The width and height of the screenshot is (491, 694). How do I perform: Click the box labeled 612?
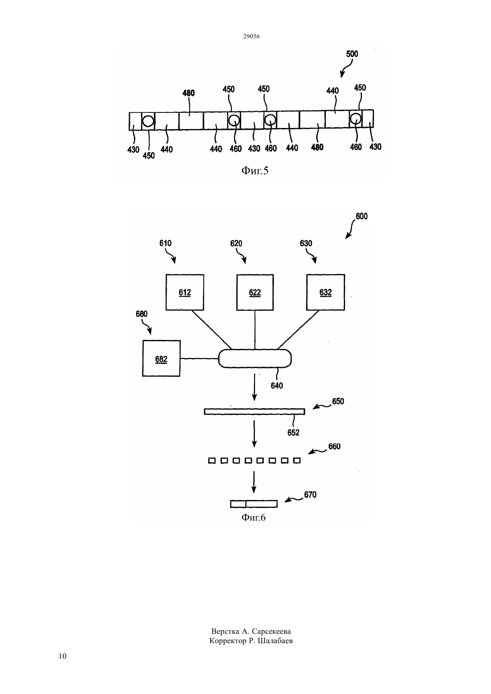[x=185, y=292]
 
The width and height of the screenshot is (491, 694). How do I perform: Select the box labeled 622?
[x=255, y=292]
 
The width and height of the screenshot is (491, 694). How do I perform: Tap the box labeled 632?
[x=325, y=292]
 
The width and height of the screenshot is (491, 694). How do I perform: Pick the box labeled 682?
[x=161, y=359]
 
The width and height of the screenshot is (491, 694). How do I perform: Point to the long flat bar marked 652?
[x=254, y=411]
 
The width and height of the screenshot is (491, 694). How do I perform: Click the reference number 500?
[x=352, y=54]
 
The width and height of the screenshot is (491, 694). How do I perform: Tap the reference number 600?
[x=362, y=216]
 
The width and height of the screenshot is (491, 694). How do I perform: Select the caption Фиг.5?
[x=255, y=170]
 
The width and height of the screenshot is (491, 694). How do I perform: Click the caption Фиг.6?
[x=254, y=517]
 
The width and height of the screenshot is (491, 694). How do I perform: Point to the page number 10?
[x=62, y=656]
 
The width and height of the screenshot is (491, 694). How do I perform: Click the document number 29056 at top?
[x=251, y=36]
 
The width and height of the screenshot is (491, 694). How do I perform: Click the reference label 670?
[x=310, y=495]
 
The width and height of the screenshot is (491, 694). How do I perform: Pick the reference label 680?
[x=141, y=314]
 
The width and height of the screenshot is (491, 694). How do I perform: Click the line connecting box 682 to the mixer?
[x=200, y=359]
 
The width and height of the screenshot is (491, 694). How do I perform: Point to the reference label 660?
[x=334, y=446]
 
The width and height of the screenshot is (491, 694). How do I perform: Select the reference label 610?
[x=166, y=243]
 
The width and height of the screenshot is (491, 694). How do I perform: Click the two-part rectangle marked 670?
[x=254, y=504]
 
